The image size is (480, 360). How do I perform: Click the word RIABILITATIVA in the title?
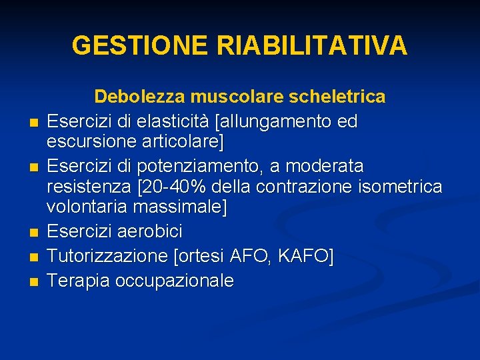(x=311, y=45)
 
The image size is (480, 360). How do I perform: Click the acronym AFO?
(x=247, y=256)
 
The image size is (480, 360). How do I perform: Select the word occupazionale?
(x=175, y=281)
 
